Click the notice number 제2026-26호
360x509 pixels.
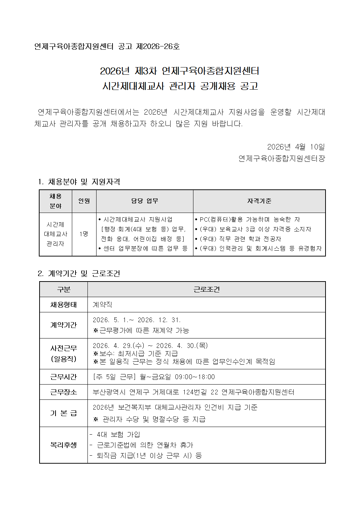pos(158,47)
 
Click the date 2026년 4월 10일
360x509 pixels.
pos(296,147)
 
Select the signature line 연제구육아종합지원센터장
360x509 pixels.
pos(282,159)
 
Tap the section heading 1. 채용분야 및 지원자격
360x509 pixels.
pos(79,182)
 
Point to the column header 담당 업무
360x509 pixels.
pos(144,201)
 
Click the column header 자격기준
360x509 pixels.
pos(259,201)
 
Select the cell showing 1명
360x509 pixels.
pos(84,234)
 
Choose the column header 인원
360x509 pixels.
pos(84,201)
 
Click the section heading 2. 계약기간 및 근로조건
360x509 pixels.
pos(79,274)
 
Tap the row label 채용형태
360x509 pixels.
pos(64,305)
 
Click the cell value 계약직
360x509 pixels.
pos(102,305)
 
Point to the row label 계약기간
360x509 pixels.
pos(64,325)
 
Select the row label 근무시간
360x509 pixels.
pos(64,377)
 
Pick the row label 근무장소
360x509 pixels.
pos(64,392)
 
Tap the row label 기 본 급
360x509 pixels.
pos(64,413)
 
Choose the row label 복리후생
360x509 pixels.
pos(64,445)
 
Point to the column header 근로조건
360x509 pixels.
pos(206,290)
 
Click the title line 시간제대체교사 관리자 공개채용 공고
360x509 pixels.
pos(180,86)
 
